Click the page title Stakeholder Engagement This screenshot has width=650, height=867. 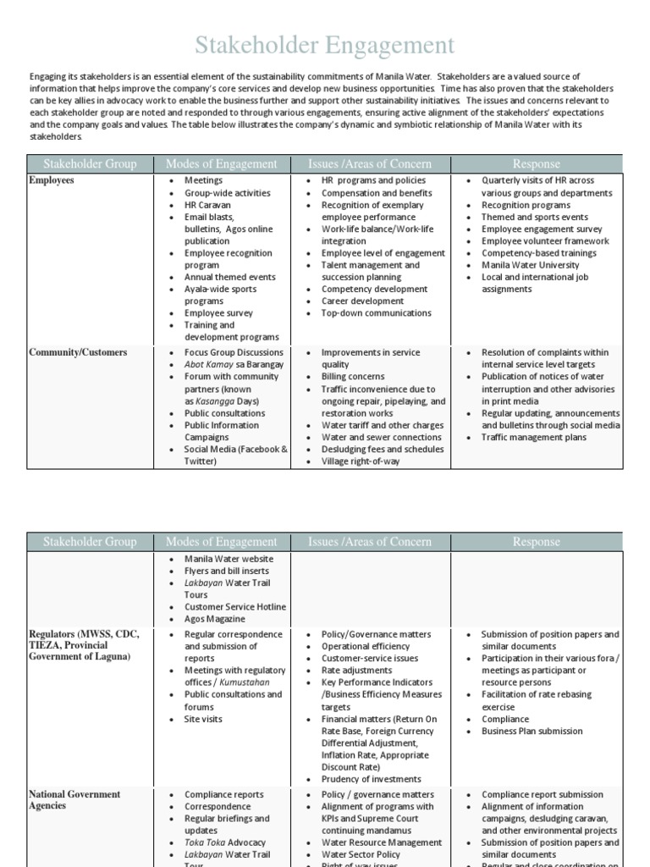pos(325,45)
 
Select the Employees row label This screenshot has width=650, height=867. pos(52,180)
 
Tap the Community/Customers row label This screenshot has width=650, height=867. pos(78,352)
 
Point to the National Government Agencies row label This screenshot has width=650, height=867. pos(74,800)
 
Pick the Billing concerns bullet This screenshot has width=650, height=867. pos(353,377)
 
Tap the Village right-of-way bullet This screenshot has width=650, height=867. pos(361,461)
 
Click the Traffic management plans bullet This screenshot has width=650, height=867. pos(533,438)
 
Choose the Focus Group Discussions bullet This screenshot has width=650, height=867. pos(234,352)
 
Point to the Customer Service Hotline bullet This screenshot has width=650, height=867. pos(235,607)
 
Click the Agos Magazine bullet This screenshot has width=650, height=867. pos(216,619)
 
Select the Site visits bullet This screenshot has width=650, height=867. pos(204,719)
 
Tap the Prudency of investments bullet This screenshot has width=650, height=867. pos(371,779)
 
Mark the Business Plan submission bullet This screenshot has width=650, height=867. pos(532,731)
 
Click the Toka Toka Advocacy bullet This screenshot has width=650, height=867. pos(225,842)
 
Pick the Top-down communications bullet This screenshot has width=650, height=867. pos(376,313)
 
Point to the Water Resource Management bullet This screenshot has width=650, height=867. pos(382,842)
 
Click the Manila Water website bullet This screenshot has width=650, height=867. pos(229,559)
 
